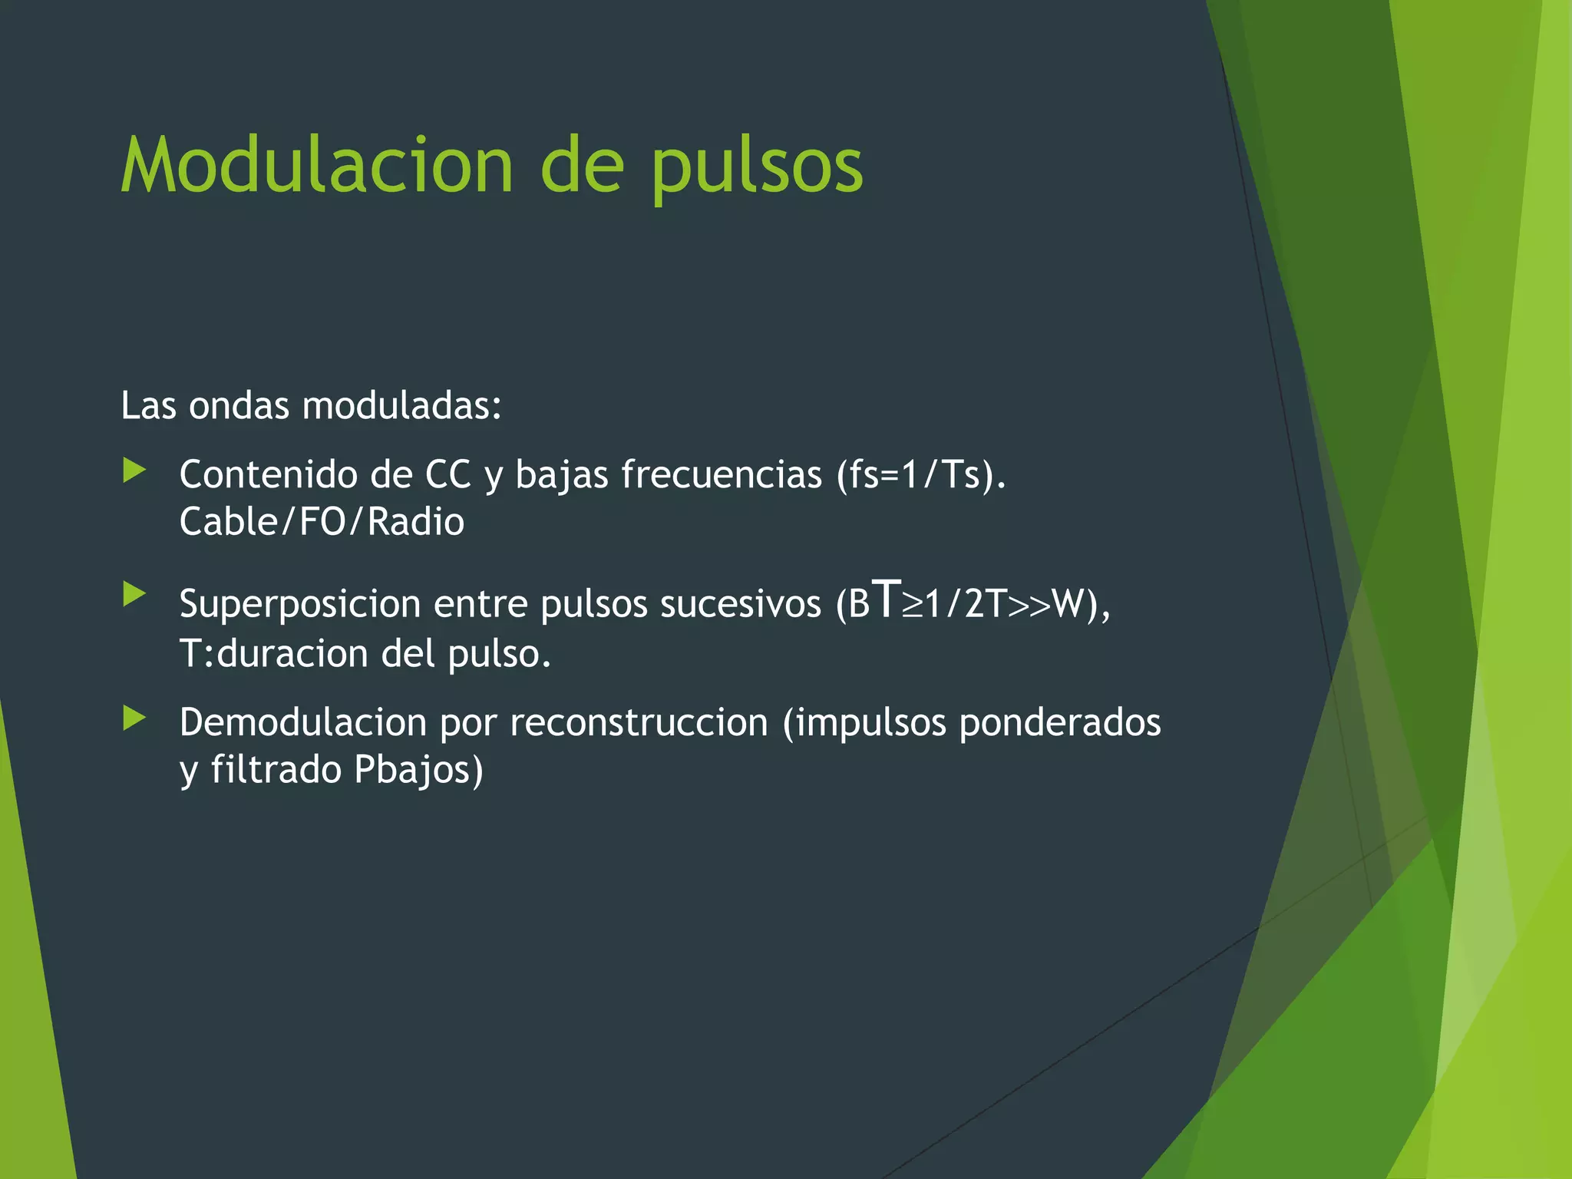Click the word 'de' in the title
pos(582,166)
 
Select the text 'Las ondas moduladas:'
pos(311,405)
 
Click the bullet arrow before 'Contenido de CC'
pos(134,471)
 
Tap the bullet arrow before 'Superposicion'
pos(134,594)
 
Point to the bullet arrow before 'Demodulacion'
pos(134,718)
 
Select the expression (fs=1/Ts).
pos(921,474)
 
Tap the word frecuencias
pos(722,474)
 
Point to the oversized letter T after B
pos(887,599)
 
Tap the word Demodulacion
pos(302,723)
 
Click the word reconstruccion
pos(639,723)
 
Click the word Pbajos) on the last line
pos(418,771)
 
